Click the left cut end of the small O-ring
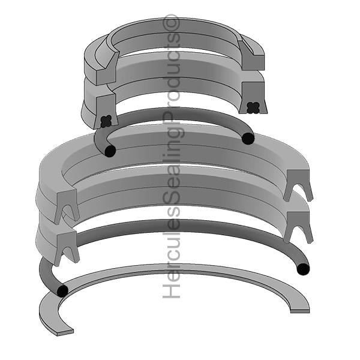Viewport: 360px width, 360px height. (x=110, y=151)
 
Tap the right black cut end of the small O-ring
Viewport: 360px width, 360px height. (x=248, y=139)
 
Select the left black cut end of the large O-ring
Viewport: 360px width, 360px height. (x=62, y=291)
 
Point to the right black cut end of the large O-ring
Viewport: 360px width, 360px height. (x=303, y=269)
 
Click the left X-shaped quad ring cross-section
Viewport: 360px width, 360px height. (x=106, y=121)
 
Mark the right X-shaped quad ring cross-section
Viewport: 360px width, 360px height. (x=253, y=107)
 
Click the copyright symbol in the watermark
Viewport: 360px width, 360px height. (x=171, y=22)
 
